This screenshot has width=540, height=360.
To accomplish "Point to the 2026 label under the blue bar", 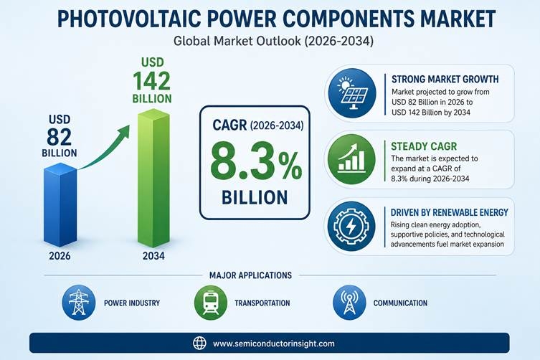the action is click(60, 256).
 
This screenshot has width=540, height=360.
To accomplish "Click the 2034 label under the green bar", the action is click(153, 256).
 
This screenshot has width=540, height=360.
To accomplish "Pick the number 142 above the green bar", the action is click(151, 81).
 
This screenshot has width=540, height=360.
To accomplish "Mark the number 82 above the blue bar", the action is click(60, 137).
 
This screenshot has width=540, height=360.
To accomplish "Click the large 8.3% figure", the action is click(256, 162).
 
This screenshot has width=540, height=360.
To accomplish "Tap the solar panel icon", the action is click(352, 93).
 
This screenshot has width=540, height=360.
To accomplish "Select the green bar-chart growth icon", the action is click(351, 159).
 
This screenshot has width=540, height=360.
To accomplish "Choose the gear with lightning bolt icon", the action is click(351, 226).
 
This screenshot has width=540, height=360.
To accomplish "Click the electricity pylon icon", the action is click(79, 303).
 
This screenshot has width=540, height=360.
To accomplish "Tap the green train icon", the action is click(211, 303).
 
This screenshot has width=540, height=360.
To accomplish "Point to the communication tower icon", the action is click(349, 303).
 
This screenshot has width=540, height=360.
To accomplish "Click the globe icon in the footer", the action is click(199, 343).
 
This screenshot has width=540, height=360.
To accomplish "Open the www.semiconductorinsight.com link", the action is click(273, 344).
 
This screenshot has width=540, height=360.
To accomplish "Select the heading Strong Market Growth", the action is click(445, 79).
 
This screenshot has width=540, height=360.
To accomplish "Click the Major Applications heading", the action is click(250, 275).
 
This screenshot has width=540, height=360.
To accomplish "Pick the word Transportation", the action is click(262, 303).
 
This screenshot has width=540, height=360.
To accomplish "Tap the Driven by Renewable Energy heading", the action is click(449, 212).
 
